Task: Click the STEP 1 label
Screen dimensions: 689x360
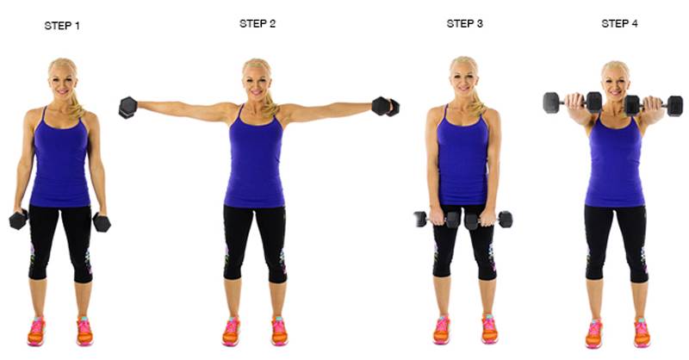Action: (x=62, y=26)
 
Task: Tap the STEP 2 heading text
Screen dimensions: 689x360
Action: (x=258, y=24)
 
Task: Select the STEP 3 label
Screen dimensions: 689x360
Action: (x=464, y=24)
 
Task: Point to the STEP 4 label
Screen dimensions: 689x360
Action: (x=619, y=24)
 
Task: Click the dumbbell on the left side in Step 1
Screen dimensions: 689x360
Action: (x=18, y=220)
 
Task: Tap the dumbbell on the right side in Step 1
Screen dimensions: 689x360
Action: (x=102, y=222)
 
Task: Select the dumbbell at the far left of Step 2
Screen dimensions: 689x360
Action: (x=127, y=108)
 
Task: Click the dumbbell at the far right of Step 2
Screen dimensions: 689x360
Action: (x=385, y=107)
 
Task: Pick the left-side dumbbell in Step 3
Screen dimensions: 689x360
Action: (x=437, y=219)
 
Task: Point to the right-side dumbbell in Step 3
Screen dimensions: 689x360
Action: (x=488, y=220)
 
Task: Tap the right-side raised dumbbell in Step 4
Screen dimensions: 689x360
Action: (x=654, y=105)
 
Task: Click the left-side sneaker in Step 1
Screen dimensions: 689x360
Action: (x=36, y=332)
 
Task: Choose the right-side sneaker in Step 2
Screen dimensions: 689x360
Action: (x=279, y=331)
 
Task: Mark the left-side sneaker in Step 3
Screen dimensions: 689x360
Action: (x=442, y=330)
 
